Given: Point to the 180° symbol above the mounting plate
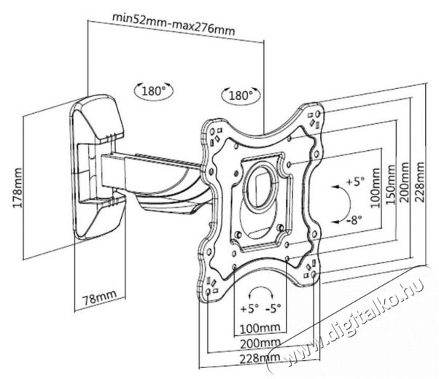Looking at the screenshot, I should click(x=238, y=95).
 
